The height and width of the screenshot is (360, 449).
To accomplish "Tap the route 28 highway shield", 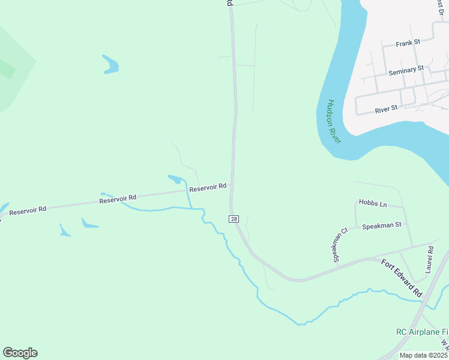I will [x=234, y=219].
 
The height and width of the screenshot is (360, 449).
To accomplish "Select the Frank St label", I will [x=408, y=43].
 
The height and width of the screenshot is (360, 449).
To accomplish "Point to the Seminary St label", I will [x=406, y=71].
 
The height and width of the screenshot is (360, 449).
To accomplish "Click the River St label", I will [x=386, y=109].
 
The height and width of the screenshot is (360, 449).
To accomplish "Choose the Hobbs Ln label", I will [x=373, y=204].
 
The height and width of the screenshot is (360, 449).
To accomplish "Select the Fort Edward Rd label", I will [x=402, y=278].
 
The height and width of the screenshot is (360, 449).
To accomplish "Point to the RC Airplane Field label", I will [x=422, y=332].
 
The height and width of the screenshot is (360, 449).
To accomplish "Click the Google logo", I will [x=20, y=353].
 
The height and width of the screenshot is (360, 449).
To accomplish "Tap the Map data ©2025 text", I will [x=423, y=355].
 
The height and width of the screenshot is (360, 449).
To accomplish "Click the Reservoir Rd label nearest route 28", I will [x=208, y=188].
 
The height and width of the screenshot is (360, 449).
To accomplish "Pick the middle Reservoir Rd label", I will [x=118, y=197].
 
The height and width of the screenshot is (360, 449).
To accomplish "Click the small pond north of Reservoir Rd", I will [x=175, y=179].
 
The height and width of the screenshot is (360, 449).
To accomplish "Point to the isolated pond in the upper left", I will [x=110, y=65].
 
